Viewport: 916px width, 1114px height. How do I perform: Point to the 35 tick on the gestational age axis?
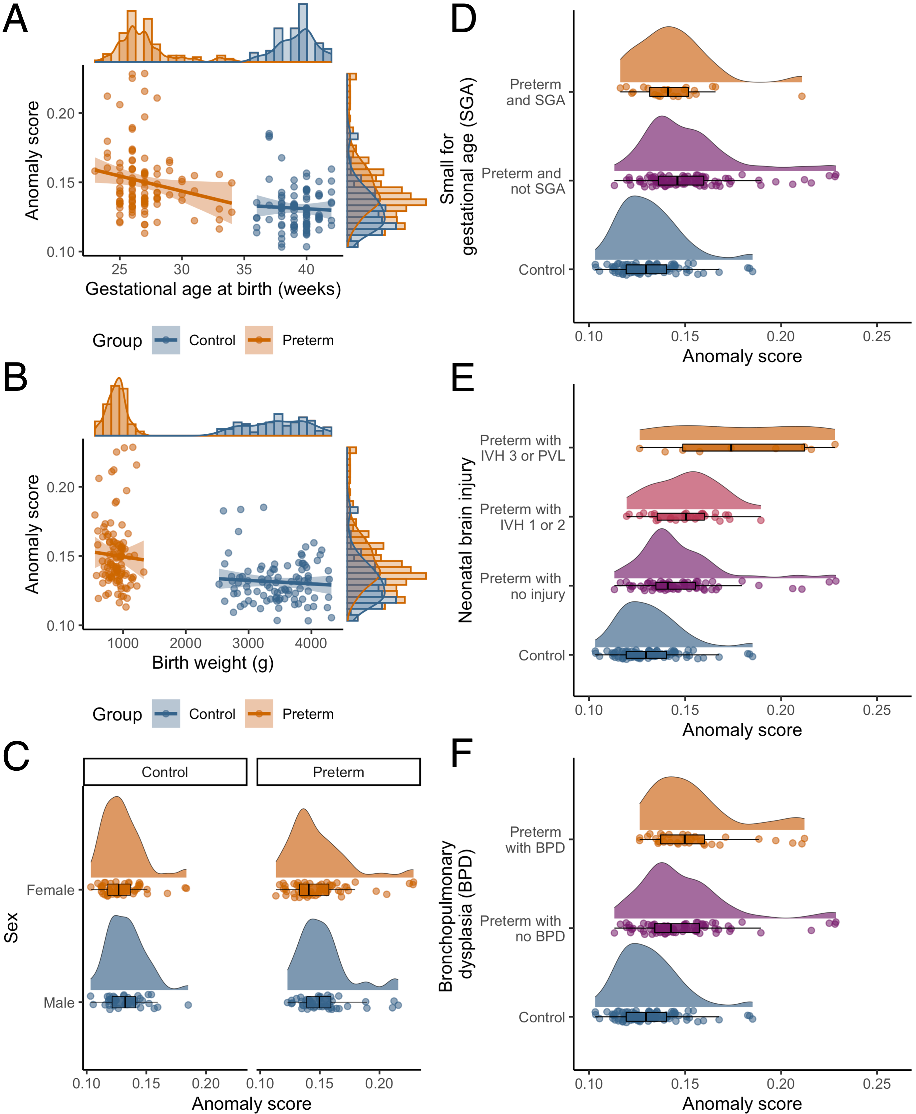(244, 269)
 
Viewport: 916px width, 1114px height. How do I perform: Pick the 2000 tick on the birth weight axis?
(185, 643)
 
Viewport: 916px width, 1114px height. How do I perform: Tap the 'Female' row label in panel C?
(51, 890)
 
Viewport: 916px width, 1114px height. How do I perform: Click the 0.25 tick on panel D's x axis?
(876, 336)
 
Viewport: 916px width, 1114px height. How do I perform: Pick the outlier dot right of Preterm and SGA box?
(801, 96)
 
